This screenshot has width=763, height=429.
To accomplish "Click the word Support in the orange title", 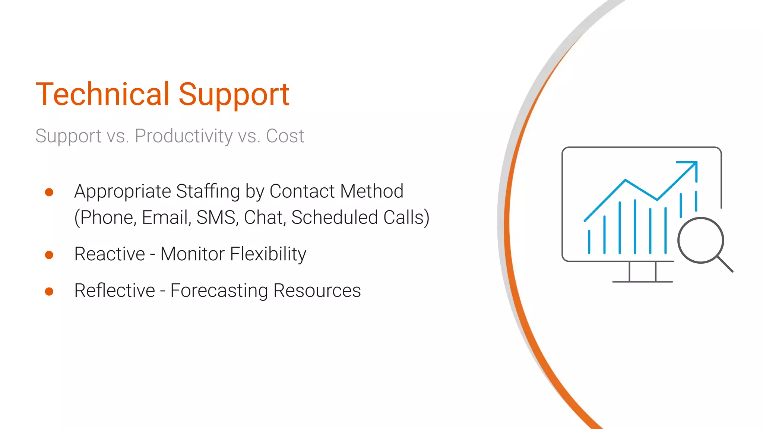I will pos(234,95).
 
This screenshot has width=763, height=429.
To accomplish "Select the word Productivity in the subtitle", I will pos(184,136).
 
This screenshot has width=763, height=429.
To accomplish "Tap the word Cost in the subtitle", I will pos(285,136).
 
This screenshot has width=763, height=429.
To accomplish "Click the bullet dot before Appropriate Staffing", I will pos(49,192).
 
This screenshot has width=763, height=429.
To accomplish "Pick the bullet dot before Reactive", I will pos(49,255).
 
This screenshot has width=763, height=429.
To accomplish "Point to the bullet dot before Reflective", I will pos(49,291).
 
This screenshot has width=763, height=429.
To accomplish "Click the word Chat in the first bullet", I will pos(265,217).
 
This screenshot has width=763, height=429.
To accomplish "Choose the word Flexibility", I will pos(268,254).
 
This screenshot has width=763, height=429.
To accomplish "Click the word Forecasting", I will pos(219,291).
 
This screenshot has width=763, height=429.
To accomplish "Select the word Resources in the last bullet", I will pos(317,291).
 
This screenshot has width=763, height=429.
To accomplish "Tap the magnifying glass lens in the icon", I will pos(700,240).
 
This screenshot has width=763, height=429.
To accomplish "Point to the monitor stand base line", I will pos(642,282).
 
